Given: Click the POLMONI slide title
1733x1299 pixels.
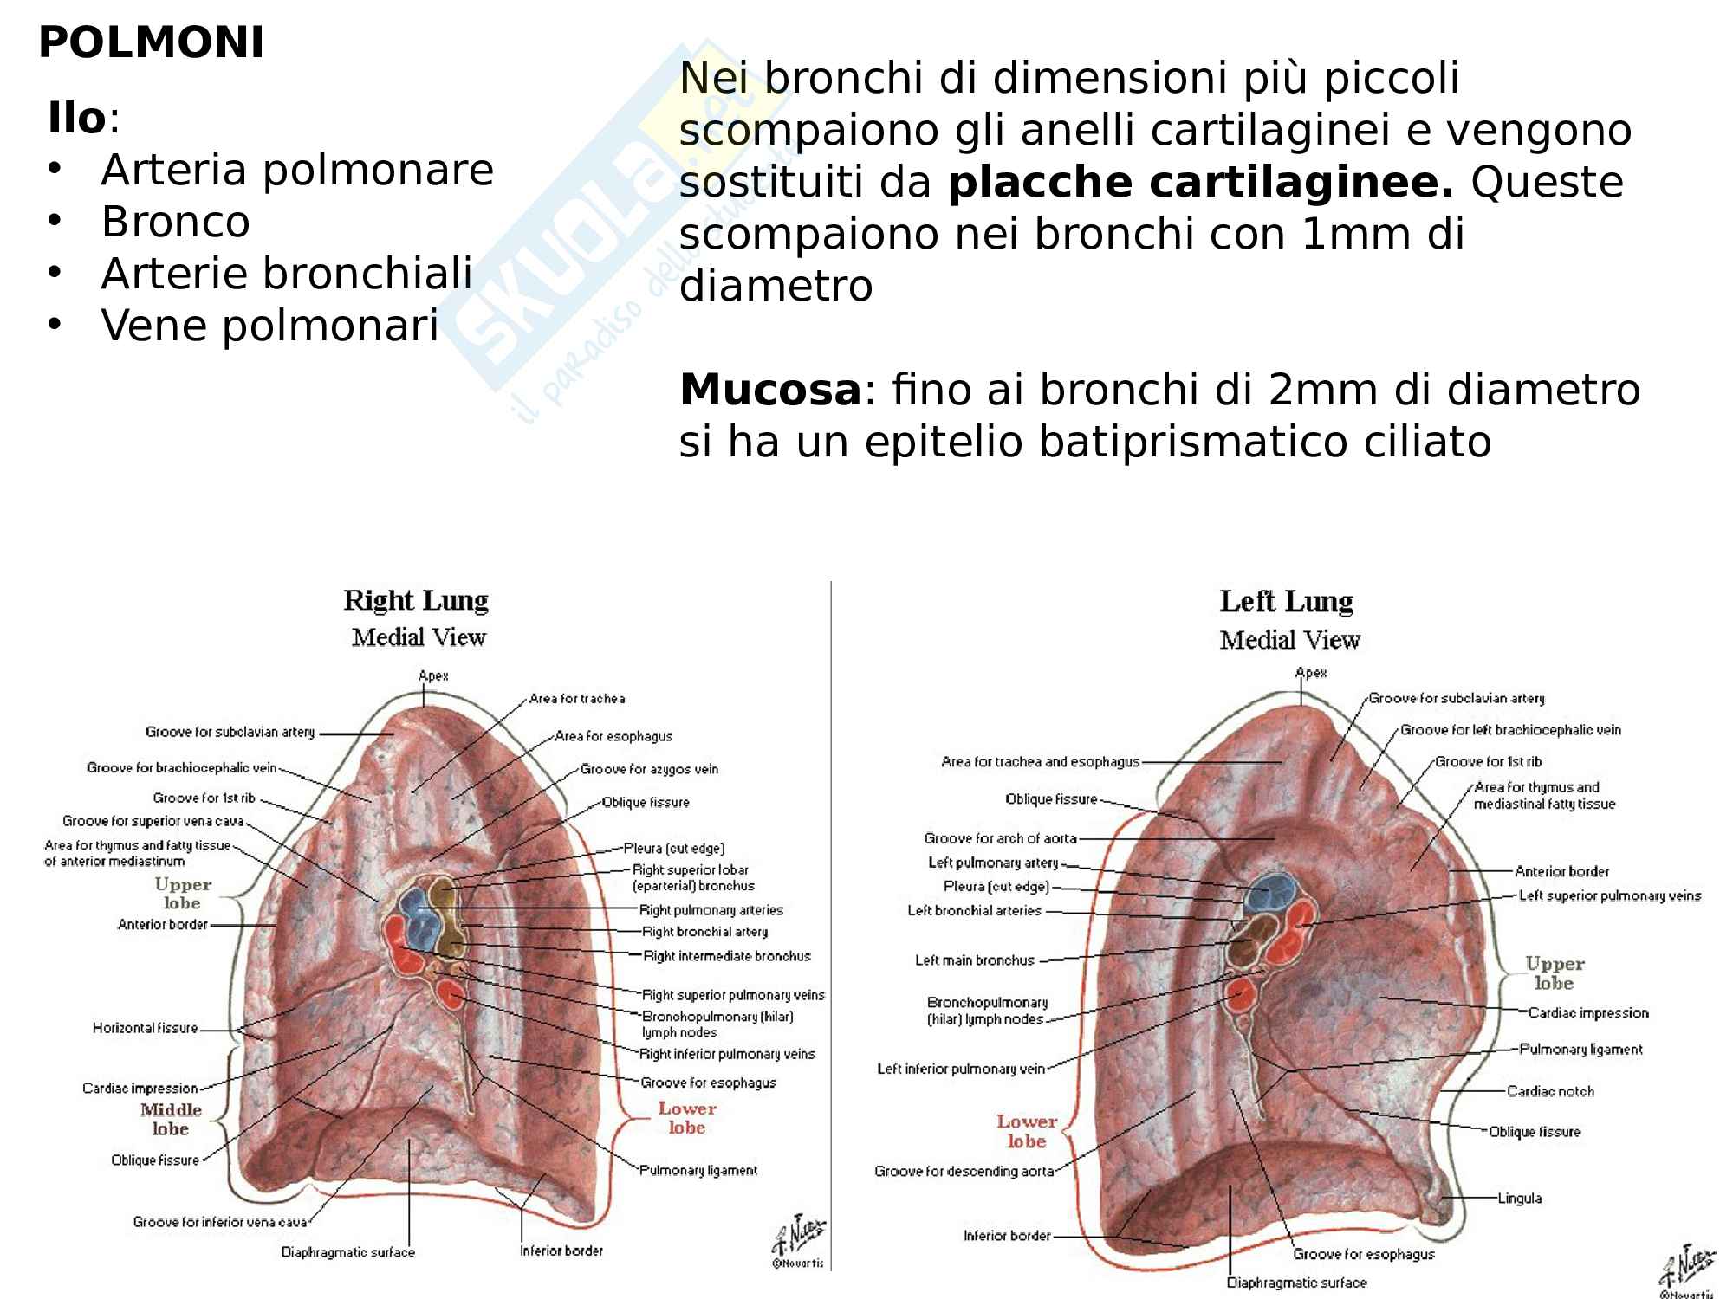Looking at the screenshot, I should (x=151, y=43).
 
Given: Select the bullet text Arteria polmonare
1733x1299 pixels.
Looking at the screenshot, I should (x=297, y=170).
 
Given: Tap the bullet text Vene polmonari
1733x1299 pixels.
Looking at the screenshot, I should (x=269, y=326).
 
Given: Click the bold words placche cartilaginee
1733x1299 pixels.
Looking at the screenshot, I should (x=1200, y=183).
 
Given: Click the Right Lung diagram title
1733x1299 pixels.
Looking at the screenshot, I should (x=416, y=600).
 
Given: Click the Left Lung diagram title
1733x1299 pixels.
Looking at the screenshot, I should (x=1286, y=601).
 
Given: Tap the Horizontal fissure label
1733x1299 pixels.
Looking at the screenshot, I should (x=145, y=1028).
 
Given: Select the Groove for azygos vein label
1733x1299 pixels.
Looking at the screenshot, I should (x=649, y=769).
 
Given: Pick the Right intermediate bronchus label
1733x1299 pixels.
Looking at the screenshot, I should (x=727, y=956).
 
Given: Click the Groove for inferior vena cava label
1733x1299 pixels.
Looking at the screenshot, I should (x=220, y=1222).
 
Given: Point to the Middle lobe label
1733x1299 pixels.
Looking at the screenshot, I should (x=171, y=1119).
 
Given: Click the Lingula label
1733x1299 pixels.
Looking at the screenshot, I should (x=1519, y=1199).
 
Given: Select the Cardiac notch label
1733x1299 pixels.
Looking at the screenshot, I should (x=1550, y=1091).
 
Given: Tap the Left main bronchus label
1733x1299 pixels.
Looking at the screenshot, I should (x=975, y=960).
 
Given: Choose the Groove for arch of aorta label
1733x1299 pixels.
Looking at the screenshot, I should (x=1000, y=838).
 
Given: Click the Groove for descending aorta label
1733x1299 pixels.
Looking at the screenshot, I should (x=964, y=1172).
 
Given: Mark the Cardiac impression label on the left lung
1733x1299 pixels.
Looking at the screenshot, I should (x=1587, y=1012).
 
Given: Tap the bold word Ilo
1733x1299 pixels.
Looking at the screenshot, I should (x=76, y=119).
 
